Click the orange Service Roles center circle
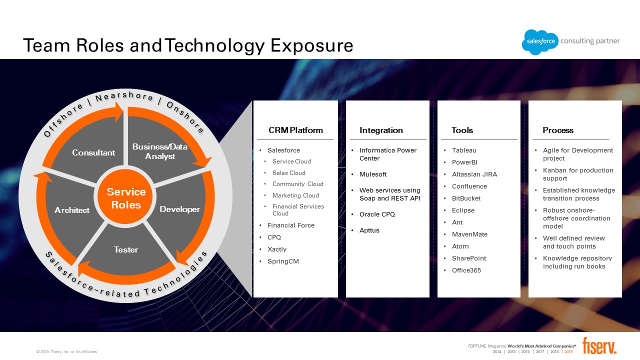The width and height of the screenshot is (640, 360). click(126, 198)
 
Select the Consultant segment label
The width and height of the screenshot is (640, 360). click(93, 152)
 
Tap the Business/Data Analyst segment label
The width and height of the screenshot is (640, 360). click(159, 151)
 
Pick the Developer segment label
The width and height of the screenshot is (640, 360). click(179, 209)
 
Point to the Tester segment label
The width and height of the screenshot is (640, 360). click(126, 249)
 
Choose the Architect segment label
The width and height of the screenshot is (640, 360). click(72, 210)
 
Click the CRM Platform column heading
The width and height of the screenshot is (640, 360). click(295, 130)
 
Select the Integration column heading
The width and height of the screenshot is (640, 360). click(381, 130)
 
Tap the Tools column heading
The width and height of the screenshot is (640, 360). click(462, 130)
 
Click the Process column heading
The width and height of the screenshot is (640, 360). click(558, 130)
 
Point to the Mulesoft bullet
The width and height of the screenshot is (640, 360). click(373, 174)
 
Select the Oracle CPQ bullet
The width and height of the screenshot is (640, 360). click(377, 214)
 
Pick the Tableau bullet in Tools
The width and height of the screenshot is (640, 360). click(464, 150)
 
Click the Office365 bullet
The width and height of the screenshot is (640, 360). click(466, 270)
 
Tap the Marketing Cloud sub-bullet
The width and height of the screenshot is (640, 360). click(295, 195)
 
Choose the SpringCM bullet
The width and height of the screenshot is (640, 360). click(283, 261)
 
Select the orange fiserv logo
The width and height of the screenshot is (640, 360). click(599, 345)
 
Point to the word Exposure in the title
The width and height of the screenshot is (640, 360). click(312, 45)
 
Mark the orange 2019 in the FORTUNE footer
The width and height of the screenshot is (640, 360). click(568, 351)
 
